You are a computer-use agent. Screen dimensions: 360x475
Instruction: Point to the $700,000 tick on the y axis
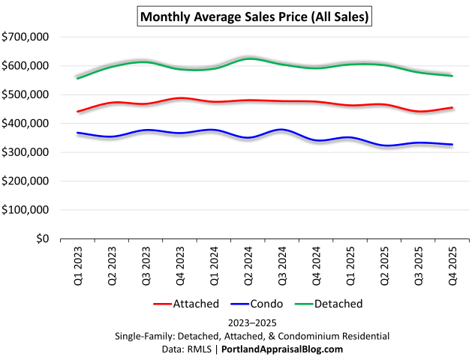pyautogui.click(x=26, y=37)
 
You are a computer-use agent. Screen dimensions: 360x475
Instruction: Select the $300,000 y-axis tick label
pyautogui.click(x=26, y=152)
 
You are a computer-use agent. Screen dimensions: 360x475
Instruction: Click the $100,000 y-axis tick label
pyautogui.click(x=26, y=210)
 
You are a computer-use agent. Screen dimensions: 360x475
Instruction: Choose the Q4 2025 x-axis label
pyautogui.click(x=452, y=264)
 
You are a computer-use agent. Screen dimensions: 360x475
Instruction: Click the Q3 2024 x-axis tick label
pyautogui.click(x=281, y=264)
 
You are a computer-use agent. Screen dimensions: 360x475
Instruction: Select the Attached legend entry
pyautogui.click(x=186, y=304)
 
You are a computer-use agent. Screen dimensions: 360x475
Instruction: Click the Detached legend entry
pyautogui.click(x=329, y=304)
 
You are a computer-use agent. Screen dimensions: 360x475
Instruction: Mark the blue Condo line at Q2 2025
pyautogui.click(x=383, y=145)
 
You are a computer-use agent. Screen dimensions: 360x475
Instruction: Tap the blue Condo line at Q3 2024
pyautogui.click(x=281, y=130)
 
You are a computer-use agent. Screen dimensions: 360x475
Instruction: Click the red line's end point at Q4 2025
pyautogui.click(x=452, y=107)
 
